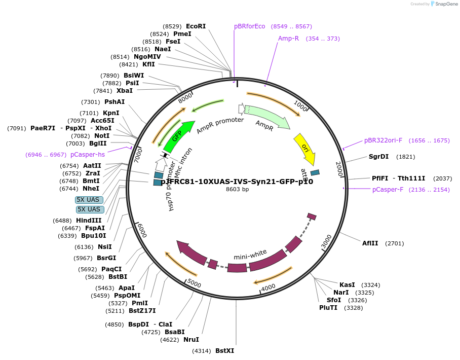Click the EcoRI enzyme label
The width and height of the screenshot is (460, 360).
point(196,26)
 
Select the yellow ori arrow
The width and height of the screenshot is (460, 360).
point(304,149)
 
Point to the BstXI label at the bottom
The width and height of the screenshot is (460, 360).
point(224,350)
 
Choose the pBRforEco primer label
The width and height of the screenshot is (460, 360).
point(249,26)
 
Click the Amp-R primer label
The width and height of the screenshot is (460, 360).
point(288,39)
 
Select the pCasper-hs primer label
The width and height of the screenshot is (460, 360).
point(88,155)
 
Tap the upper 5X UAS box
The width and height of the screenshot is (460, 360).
point(89,200)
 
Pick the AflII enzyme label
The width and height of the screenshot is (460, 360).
point(369,243)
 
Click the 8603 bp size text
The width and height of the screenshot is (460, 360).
point(237,190)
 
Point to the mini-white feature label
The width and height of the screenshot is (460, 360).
point(250,253)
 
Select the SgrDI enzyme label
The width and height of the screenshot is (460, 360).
point(378,157)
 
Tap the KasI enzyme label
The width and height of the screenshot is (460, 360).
point(347,285)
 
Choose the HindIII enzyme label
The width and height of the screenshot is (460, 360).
point(89,221)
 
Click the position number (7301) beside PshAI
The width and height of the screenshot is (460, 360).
point(91,102)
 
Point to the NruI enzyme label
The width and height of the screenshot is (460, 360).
point(191,340)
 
